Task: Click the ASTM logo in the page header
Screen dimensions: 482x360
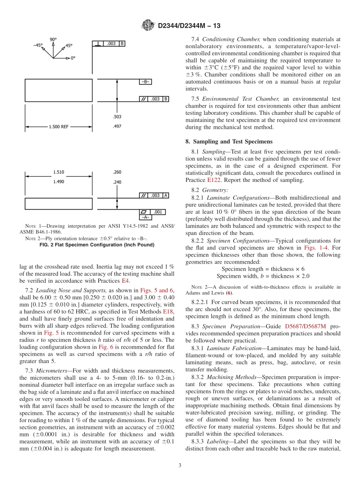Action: tap(148, 26)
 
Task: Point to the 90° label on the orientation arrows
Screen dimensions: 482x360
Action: tap(53, 39)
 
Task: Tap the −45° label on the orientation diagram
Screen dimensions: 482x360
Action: tap(38, 45)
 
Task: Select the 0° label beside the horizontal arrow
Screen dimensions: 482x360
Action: tap(72, 58)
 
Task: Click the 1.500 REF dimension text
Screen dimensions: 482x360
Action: tap(59, 127)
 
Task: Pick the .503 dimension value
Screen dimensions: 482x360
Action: tap(117, 117)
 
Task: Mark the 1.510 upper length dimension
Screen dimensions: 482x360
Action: tap(59, 172)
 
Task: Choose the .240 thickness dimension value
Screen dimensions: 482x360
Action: tap(117, 182)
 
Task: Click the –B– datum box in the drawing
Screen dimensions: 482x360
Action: tap(146, 82)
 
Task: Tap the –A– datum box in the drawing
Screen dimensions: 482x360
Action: tap(146, 218)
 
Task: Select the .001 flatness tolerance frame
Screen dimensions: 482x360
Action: tap(153, 212)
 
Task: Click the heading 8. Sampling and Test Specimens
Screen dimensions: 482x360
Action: tap(229, 141)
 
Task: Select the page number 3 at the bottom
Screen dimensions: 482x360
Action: tap(180, 466)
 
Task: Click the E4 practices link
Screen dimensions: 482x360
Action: tap(125, 281)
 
